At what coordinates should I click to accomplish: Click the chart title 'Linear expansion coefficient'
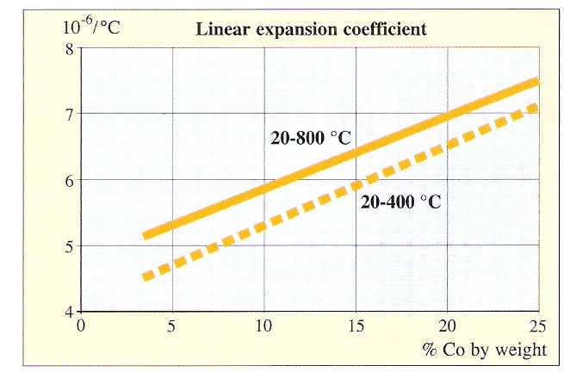(312, 28)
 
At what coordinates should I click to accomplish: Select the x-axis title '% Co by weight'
(484, 350)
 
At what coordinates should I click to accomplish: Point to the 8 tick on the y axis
(69, 48)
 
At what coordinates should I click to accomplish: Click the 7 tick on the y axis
(69, 114)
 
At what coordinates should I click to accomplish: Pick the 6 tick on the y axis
(69, 180)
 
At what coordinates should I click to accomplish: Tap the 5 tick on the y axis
(69, 246)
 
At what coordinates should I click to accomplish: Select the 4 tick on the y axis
(69, 312)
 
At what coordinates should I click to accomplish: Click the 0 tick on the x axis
(82, 327)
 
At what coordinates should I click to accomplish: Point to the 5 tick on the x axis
(173, 327)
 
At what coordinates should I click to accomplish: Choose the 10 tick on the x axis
(264, 327)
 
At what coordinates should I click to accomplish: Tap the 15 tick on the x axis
(356, 327)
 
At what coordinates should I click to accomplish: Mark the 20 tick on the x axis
(447, 327)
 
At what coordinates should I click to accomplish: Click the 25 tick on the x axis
(537, 327)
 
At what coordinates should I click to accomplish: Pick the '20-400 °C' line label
(401, 203)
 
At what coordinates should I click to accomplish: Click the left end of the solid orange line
(146, 235)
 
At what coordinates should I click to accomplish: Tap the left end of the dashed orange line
(146, 277)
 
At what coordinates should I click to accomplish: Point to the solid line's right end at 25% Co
(536, 81)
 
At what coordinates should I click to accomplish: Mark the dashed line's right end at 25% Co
(536, 107)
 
